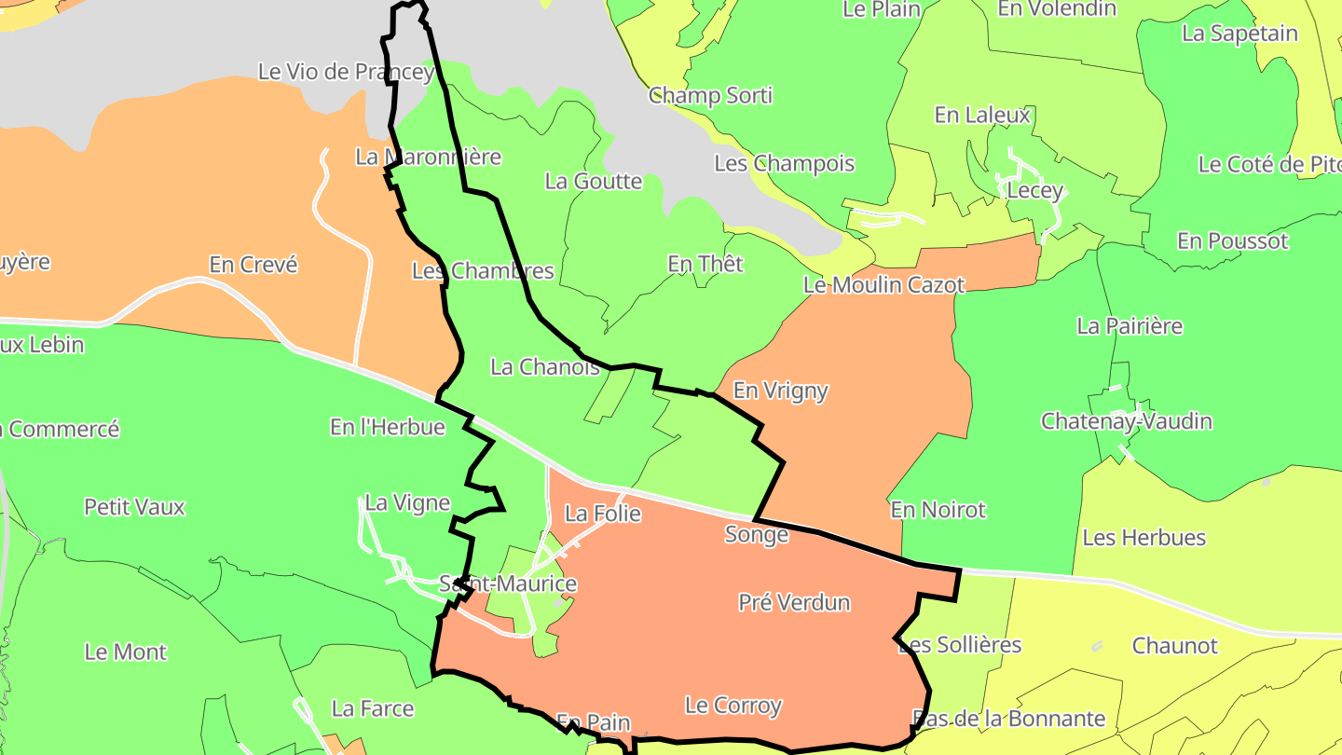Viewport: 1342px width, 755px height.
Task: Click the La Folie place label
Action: (603, 514)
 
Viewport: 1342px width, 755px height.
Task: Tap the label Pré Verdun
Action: (794, 603)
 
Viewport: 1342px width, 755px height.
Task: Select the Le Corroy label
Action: (733, 706)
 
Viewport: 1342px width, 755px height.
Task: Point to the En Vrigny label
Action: (781, 391)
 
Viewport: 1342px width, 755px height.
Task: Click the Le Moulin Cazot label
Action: (883, 285)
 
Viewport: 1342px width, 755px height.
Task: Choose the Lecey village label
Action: (1035, 191)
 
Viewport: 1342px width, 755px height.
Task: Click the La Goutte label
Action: (594, 182)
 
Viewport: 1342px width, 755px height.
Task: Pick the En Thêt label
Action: (705, 265)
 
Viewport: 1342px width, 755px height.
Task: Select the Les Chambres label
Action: (483, 272)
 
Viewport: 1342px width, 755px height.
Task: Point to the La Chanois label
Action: (545, 367)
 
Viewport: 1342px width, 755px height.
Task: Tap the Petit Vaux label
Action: (135, 508)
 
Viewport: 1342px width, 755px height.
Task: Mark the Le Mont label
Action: (126, 652)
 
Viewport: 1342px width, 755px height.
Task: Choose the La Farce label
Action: (373, 709)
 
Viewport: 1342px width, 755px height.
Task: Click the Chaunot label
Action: (1174, 646)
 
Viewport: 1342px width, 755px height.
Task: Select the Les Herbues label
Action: (1143, 538)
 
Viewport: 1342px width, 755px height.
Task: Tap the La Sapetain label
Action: (1239, 34)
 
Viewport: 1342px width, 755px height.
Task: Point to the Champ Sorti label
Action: (710, 96)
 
